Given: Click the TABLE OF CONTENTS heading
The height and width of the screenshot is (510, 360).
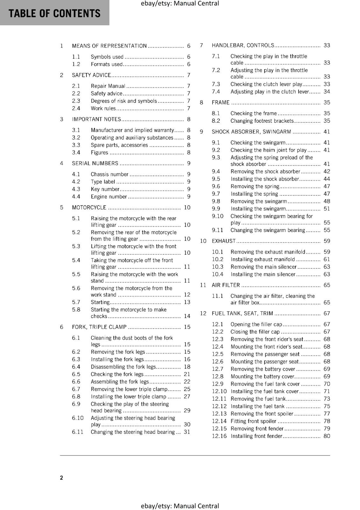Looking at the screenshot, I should coord(54,13).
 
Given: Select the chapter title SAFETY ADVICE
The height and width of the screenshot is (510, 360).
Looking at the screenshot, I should coord(91,75).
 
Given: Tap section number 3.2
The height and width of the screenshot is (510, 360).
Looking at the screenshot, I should coord(76,138).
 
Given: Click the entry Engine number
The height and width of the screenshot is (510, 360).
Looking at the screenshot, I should coord(109,197).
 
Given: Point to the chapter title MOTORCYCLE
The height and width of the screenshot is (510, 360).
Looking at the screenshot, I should coord(89,208).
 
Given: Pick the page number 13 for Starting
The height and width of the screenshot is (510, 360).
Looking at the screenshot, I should coord(187,302).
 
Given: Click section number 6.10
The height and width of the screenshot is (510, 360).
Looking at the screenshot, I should coord(77,418).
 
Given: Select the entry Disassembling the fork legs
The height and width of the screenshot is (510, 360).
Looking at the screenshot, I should coord(123,367).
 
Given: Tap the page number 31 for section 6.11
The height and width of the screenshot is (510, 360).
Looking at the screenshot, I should coord(187,432).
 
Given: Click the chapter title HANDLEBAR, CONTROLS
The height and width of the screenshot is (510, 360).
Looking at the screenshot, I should coord(243,46).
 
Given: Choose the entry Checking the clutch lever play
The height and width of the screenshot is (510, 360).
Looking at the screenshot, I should coord(266,84).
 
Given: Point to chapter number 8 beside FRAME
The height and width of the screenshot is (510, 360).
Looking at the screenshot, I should coord(201,103).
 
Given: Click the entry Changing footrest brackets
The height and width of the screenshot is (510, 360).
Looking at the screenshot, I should coord(262,121).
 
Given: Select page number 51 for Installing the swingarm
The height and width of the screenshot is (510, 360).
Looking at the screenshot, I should coord(327,209).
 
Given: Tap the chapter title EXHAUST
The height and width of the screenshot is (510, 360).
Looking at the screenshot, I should coord(224,241).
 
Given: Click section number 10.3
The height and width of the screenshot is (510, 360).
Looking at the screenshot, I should coord(218,267).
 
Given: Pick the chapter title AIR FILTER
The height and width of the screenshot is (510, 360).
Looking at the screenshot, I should coord(226,285).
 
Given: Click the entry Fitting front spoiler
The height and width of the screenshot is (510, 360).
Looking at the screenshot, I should coord(253,421).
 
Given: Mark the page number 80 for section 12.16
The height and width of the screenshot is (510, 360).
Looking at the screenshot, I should coord(327,436).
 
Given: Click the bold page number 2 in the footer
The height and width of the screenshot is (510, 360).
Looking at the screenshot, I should coord(61,477).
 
